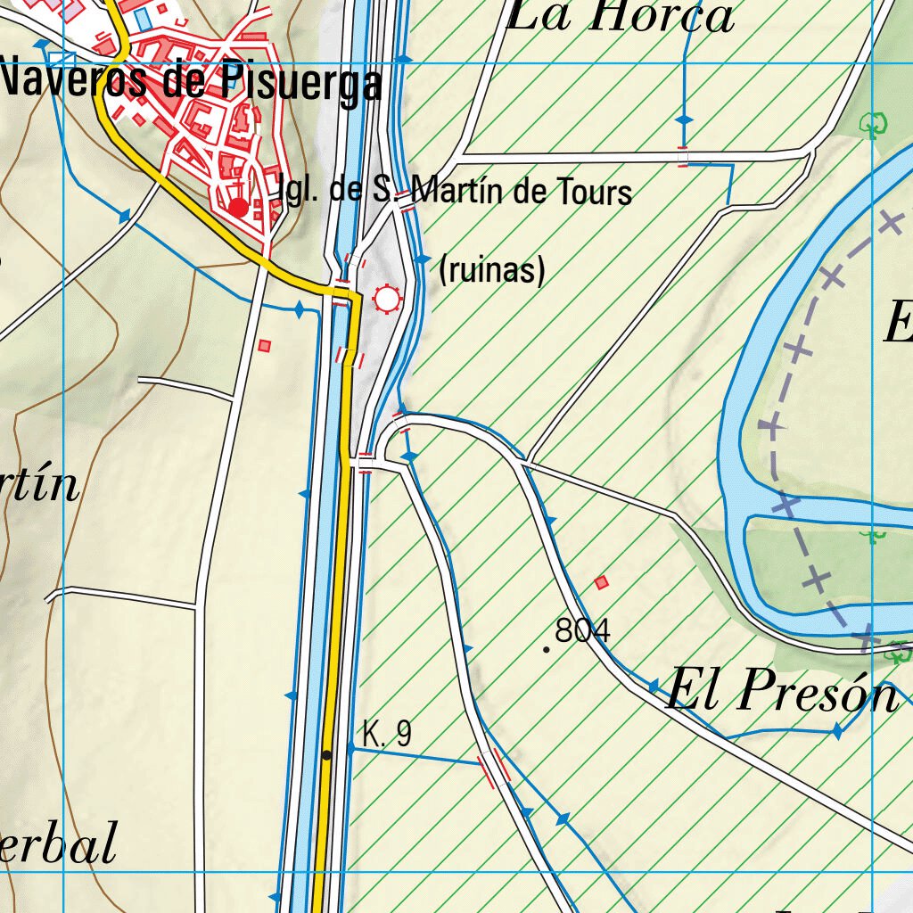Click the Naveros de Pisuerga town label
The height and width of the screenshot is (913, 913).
point(191,83)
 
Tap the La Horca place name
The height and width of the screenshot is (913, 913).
point(621,16)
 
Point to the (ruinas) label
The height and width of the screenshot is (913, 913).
point(492,270)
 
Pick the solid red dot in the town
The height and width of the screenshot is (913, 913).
point(238,208)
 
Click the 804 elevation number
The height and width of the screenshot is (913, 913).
point(582,631)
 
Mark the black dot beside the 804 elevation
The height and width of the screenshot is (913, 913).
point(547,649)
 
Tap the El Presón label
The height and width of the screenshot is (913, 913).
point(781,691)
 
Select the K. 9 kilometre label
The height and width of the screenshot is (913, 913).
point(387,734)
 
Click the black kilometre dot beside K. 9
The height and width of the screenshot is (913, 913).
point(327,755)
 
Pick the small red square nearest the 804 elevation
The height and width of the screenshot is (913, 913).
point(602,583)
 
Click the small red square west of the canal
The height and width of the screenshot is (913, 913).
point(264,345)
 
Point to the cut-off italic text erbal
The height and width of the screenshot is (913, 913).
point(58,843)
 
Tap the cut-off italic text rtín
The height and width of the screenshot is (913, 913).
point(39,485)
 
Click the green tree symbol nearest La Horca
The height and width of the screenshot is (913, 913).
point(874,125)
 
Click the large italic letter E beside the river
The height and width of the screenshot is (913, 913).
point(896,323)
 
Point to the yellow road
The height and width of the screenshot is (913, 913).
point(333,624)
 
